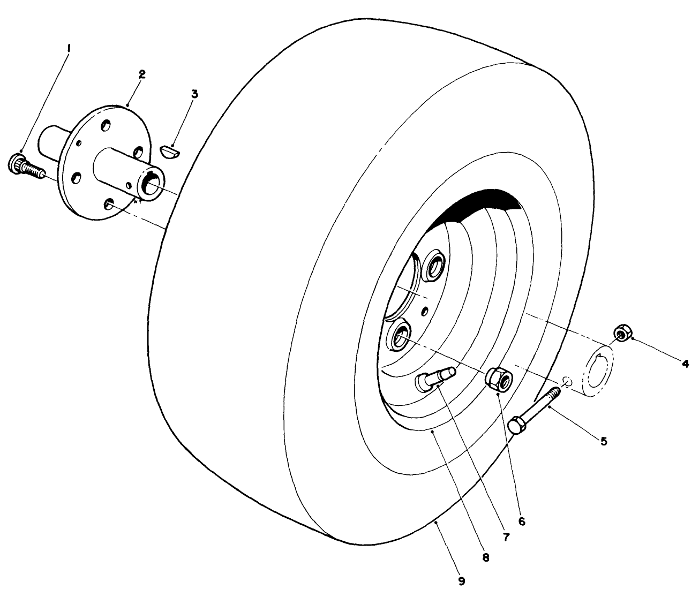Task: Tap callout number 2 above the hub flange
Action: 141,74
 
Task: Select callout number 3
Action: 194,94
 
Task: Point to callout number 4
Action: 685,364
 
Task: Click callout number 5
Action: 604,441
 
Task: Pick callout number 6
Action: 522,519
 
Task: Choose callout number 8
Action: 486,557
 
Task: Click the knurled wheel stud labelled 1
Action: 24,165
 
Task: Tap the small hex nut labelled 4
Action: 621,333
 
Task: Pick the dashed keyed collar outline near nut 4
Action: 599,369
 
